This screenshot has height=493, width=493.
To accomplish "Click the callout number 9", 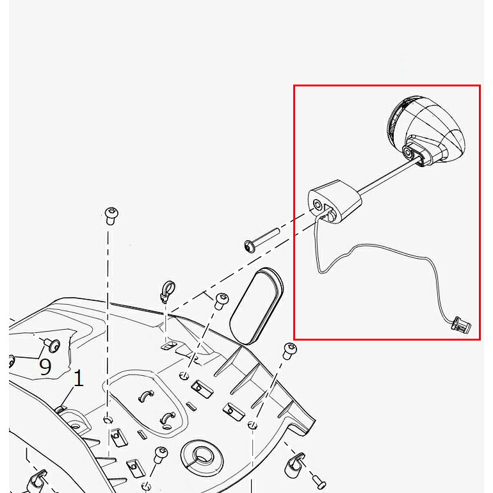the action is coord(45,366).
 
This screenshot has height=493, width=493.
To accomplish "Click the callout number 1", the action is coord(78,378).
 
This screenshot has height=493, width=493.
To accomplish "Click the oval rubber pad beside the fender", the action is coord(257,306).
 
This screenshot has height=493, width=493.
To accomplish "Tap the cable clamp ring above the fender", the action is coord(168,291).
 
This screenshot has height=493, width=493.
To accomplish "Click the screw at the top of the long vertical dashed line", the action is coord(111,215).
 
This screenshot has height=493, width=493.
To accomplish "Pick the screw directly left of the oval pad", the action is coord(221,301).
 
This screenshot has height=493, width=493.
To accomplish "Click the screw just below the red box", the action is coord(289,352).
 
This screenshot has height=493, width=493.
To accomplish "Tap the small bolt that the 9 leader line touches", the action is coord(52,345).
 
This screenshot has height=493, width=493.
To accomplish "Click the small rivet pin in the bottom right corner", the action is coord(319,480).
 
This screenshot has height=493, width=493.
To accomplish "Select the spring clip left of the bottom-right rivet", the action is coord(294,464).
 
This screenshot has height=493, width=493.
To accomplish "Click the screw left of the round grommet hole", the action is coord(161,455).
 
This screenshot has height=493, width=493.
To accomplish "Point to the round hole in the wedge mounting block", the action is coord(318,205).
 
